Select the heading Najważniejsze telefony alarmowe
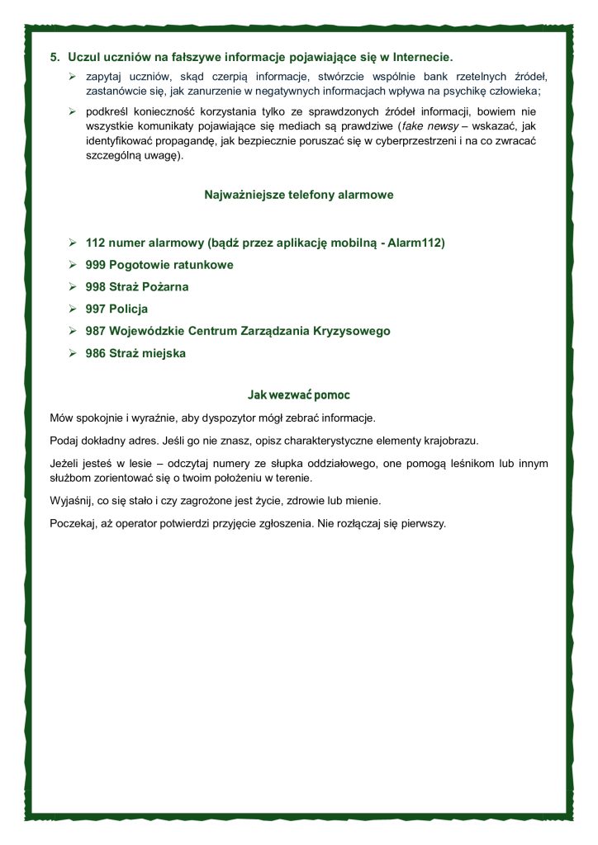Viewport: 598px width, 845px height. click(298, 196)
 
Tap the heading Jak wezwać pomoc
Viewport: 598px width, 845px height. click(298, 394)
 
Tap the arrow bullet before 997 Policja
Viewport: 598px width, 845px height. click(73, 309)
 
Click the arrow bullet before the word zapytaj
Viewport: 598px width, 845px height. click(73, 76)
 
